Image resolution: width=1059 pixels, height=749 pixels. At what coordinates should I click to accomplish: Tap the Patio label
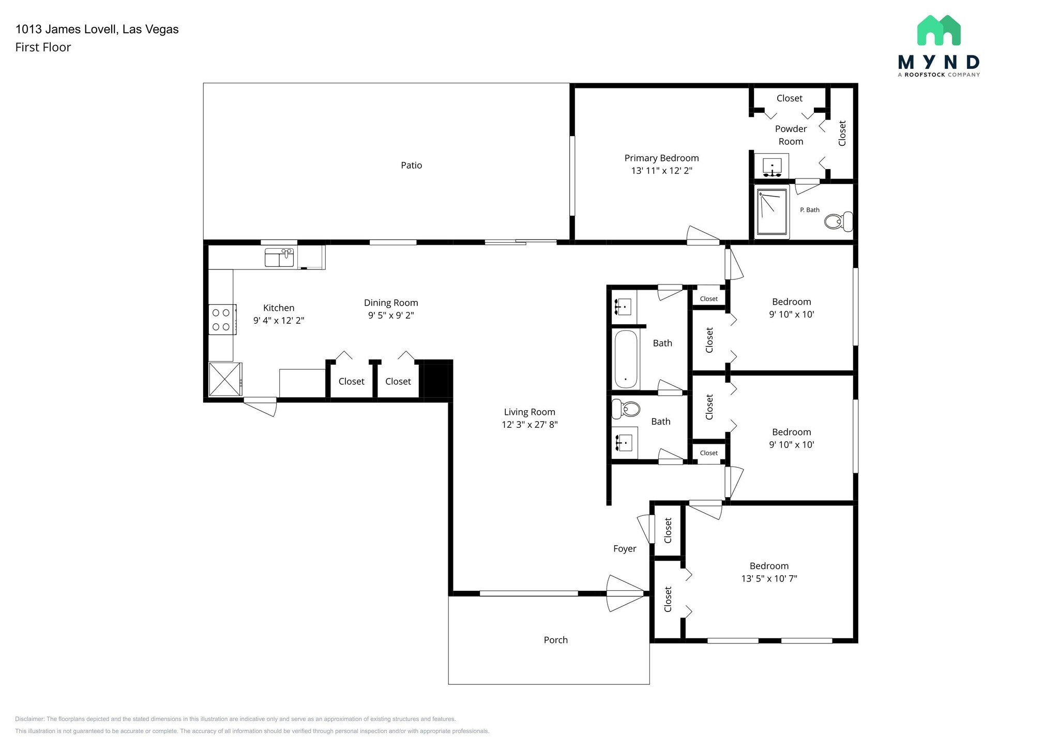tap(412, 166)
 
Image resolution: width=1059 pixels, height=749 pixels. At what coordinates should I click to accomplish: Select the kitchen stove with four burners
tap(222, 320)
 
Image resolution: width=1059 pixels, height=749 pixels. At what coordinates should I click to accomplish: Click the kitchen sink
tap(279, 258)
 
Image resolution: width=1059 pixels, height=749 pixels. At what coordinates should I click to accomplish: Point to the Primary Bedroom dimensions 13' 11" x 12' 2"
tap(661, 171)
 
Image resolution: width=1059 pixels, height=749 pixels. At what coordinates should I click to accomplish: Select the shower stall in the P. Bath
tap(772, 212)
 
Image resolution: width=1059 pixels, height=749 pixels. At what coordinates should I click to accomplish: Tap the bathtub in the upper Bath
tap(626, 359)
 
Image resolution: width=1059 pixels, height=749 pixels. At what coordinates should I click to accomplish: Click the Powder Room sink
tap(772, 166)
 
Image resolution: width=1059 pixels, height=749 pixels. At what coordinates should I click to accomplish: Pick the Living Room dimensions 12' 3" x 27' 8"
tap(529, 425)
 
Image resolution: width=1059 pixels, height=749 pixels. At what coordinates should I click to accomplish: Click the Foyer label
tap(625, 549)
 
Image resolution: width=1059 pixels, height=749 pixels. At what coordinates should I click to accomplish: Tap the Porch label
tap(556, 640)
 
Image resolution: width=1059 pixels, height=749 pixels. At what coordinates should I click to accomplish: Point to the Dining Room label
tap(391, 303)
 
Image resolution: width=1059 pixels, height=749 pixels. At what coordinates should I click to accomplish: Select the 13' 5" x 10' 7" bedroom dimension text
tap(769, 579)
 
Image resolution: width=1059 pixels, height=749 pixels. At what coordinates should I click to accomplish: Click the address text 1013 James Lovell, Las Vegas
tap(97, 29)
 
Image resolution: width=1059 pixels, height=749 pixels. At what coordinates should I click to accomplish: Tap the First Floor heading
tap(43, 48)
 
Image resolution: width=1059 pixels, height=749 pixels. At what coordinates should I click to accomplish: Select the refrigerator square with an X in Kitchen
tap(225, 379)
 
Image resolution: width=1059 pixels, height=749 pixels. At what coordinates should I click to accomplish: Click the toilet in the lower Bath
tap(626, 409)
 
